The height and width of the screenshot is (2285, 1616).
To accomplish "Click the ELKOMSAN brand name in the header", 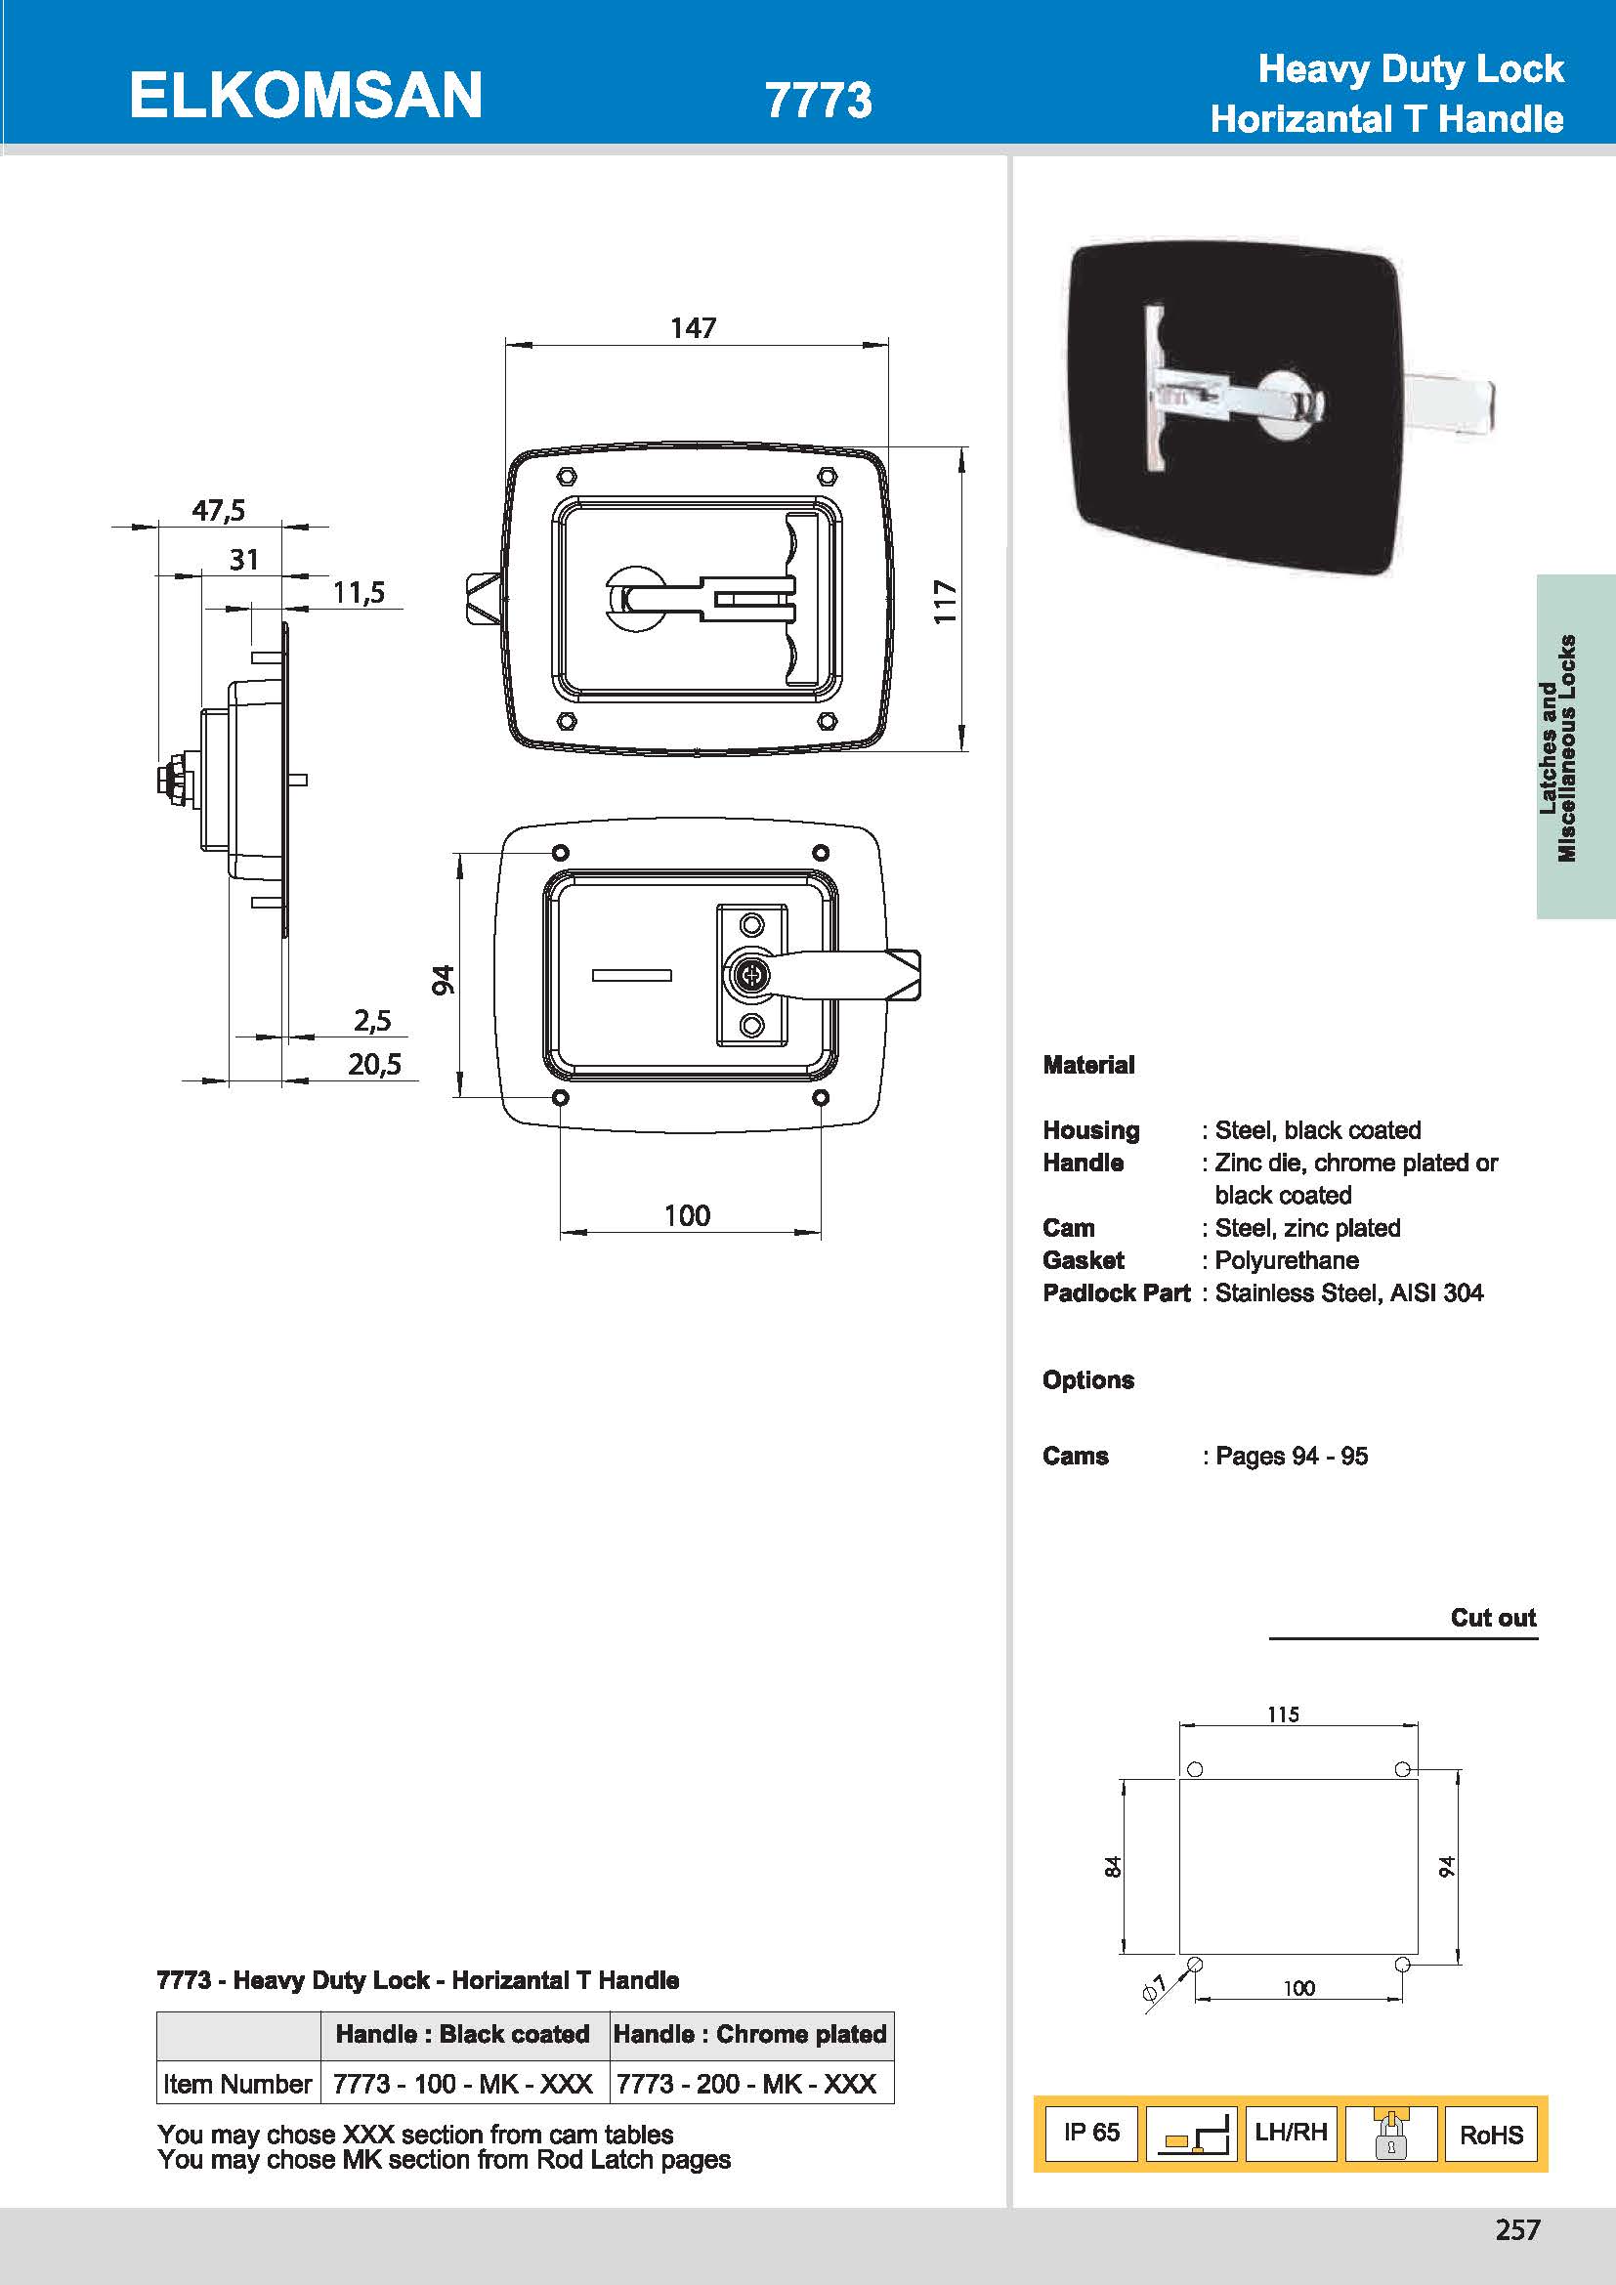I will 306,96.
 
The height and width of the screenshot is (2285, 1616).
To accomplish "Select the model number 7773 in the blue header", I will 818,100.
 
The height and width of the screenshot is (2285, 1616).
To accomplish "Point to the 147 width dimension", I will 693,327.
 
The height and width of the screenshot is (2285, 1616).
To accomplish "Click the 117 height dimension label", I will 946,602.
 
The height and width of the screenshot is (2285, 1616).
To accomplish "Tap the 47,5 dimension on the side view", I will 218,511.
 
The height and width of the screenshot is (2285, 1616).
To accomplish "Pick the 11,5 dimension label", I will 359,593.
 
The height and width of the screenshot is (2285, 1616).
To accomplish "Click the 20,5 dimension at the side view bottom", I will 374,1065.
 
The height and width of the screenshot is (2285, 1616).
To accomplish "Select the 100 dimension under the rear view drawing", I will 687,1215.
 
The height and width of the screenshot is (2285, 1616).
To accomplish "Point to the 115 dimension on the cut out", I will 1283,1714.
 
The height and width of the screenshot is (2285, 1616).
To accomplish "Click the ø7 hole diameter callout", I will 1154,1987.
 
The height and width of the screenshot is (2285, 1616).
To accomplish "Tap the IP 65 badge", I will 1090,2132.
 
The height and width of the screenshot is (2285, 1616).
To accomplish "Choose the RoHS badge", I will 1491,2135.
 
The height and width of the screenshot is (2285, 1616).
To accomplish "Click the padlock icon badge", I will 1390,2133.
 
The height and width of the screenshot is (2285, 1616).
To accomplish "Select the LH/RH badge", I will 1291,2132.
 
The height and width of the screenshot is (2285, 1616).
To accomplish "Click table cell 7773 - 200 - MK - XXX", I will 746,2084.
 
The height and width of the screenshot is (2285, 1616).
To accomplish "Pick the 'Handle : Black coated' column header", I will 463,2034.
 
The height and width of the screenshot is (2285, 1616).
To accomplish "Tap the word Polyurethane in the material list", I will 1287,1261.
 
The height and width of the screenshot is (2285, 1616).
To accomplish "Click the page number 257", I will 1516,2230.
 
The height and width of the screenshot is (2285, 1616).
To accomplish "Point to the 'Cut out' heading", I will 1493,1617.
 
